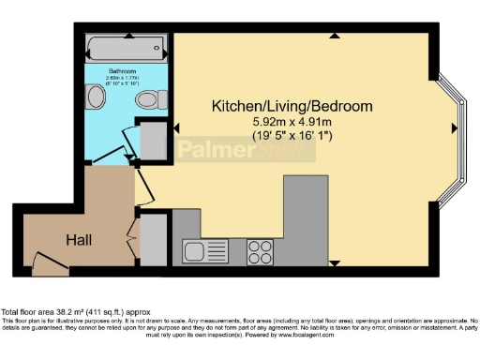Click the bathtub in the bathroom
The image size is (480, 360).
[x=125, y=47]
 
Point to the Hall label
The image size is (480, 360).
[x=79, y=240]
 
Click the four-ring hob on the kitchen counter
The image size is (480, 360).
[x=260, y=250]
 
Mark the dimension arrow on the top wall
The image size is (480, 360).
[x=335, y=37]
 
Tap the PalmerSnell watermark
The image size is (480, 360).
[x=234, y=150]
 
